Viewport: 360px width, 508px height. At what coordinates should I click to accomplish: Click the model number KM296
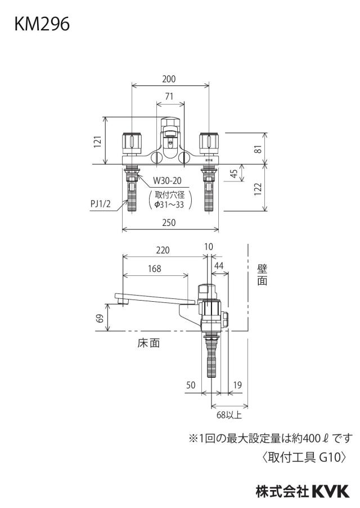click(42, 24)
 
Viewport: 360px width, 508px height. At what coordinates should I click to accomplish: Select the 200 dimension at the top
click(169, 79)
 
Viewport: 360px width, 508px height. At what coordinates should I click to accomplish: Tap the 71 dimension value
click(169, 97)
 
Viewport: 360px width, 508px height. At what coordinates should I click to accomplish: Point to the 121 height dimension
click(98, 142)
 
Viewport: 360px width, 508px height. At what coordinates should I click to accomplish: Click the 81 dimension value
click(258, 148)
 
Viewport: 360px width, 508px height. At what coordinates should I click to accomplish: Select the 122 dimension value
click(258, 189)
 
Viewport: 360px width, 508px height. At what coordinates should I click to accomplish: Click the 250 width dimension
click(169, 223)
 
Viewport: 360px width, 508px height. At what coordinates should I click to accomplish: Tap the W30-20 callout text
click(168, 180)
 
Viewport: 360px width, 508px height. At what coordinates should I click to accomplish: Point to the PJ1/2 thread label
click(101, 205)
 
